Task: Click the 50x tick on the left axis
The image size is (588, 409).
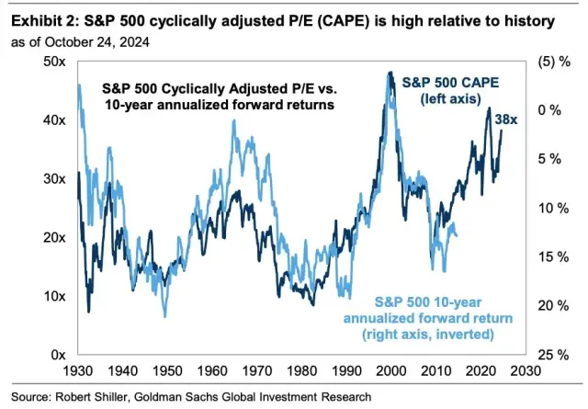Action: [x=52, y=62]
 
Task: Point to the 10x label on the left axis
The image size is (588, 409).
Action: [x=52, y=296]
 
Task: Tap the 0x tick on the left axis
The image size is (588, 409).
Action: [x=56, y=355]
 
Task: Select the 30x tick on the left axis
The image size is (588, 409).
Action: [x=52, y=178]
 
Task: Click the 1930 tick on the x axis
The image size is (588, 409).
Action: [x=77, y=373]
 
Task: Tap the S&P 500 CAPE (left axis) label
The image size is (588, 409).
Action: [x=449, y=91]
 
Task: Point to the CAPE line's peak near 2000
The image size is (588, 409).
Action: [x=390, y=74]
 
